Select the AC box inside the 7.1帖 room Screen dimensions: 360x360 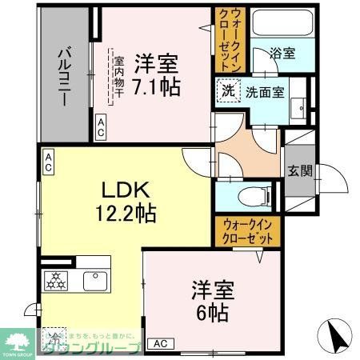102,125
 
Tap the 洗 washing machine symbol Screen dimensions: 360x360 228,92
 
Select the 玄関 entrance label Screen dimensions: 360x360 300,170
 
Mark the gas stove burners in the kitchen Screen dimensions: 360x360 58,281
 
